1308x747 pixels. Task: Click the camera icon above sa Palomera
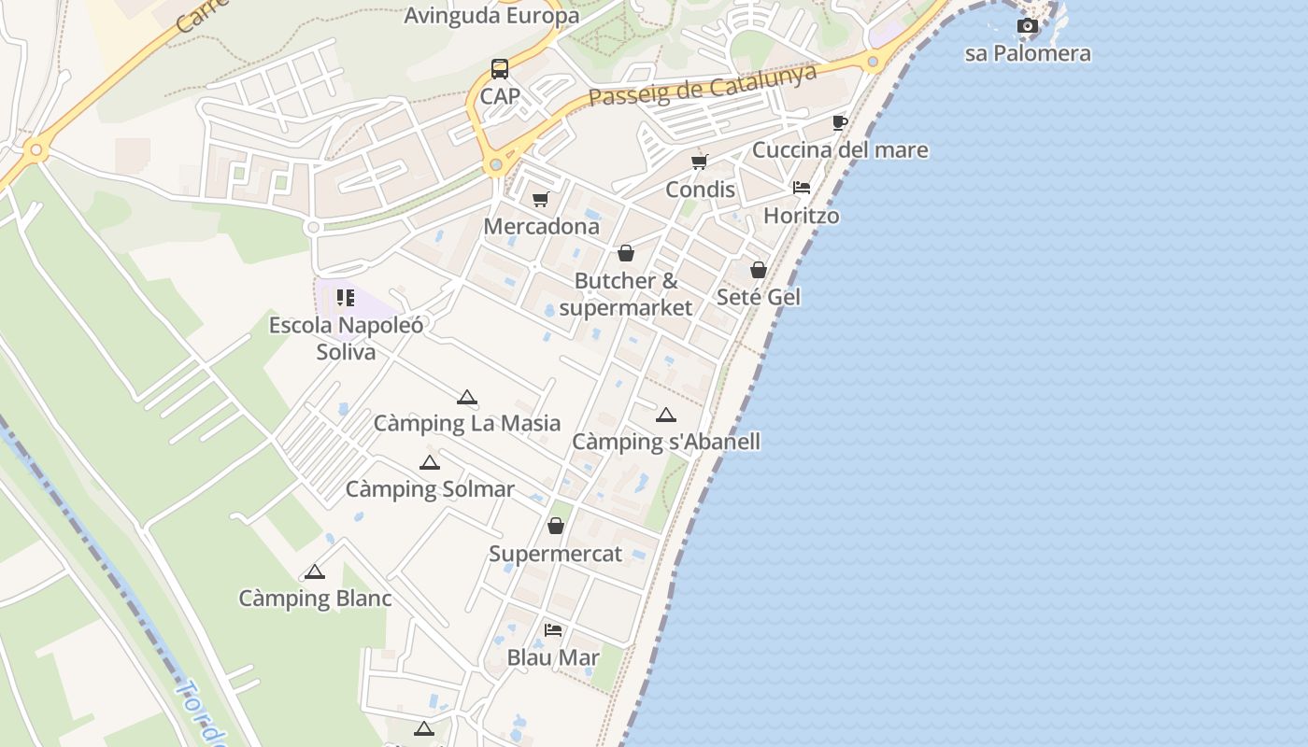(x=1028, y=26)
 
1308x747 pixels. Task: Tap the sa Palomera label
(x=1028, y=53)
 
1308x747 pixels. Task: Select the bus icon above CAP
(x=500, y=69)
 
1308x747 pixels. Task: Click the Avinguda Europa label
(x=491, y=16)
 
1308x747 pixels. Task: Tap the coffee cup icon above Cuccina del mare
(x=839, y=122)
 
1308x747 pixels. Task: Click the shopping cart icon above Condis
(x=700, y=162)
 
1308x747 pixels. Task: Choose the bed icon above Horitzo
(x=802, y=188)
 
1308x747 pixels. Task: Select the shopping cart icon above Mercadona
(x=541, y=199)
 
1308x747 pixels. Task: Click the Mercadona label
(x=541, y=227)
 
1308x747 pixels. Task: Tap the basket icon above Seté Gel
(x=759, y=270)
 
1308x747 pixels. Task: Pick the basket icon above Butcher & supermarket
(x=626, y=253)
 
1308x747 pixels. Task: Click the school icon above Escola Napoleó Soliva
(x=346, y=298)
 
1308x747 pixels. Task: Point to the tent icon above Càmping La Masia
(x=467, y=397)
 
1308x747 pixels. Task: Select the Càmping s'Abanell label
(x=665, y=442)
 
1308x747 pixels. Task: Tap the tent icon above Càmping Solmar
(x=430, y=462)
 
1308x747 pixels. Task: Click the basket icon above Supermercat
(x=556, y=527)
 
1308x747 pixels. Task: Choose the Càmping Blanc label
(x=315, y=599)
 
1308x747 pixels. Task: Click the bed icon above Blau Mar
(x=553, y=630)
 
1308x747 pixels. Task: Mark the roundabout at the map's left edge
(x=36, y=149)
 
